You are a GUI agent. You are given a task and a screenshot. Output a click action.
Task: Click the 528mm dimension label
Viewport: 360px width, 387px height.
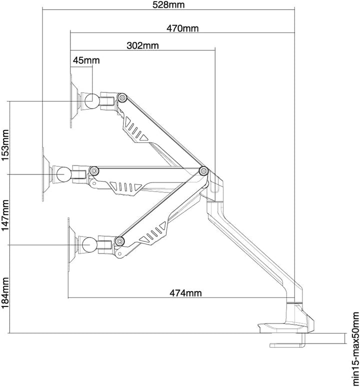coord(168,4)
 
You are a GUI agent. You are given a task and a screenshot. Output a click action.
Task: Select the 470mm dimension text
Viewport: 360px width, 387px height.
coord(182,28)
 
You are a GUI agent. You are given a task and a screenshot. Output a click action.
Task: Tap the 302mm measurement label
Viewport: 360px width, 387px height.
coord(142,45)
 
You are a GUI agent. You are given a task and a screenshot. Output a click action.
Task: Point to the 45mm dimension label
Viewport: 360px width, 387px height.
coord(86,60)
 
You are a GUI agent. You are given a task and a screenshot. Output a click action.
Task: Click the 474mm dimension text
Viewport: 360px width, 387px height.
coord(185,293)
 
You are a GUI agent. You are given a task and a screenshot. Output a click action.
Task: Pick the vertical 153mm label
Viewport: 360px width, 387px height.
coord(5,145)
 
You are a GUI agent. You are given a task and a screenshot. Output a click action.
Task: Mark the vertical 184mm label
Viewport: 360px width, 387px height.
coord(5,293)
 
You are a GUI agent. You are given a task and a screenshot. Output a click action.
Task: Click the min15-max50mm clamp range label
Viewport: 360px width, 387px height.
coord(355,348)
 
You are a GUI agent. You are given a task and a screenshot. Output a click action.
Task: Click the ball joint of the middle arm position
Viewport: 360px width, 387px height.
coord(64,174)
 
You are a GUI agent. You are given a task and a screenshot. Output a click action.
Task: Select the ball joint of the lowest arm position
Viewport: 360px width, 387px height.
coord(89,244)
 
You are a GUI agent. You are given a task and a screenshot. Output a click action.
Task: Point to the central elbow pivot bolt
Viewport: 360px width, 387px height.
coord(203,170)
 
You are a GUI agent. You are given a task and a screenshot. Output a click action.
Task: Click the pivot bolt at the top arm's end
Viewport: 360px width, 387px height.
coord(122,97)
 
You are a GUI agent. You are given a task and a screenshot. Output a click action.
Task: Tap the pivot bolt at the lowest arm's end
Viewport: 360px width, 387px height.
coord(119,241)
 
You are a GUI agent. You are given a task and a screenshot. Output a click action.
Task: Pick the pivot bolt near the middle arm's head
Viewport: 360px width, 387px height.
coord(94,170)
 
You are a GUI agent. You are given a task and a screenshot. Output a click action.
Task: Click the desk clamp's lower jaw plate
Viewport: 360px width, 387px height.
coord(286,345)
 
